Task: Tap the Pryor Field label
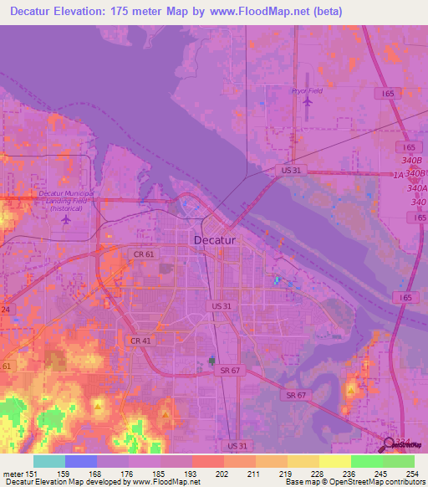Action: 306,90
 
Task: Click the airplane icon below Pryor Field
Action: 307,102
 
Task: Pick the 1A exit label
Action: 399,174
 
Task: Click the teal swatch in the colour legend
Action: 49,461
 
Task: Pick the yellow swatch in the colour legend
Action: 334,461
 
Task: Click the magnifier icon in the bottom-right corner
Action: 390,445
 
